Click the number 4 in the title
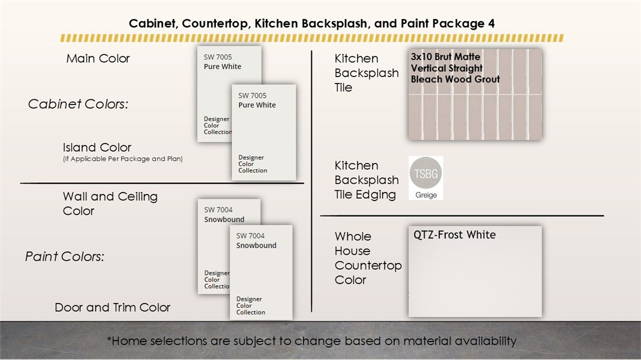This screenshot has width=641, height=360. (x=491, y=24)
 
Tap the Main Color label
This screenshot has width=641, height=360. (x=98, y=59)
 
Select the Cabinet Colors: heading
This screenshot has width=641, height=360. (x=78, y=104)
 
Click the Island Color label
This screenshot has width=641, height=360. (x=97, y=147)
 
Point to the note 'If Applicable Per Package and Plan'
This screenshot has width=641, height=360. (x=123, y=159)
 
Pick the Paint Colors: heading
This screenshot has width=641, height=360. (x=65, y=256)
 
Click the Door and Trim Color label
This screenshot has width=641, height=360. (x=112, y=307)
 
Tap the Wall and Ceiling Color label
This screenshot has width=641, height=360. (x=110, y=203)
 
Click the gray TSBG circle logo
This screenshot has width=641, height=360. (x=426, y=173)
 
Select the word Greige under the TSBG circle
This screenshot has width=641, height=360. (x=426, y=195)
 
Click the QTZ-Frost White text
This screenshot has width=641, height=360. (x=454, y=235)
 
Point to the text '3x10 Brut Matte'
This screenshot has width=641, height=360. (x=446, y=57)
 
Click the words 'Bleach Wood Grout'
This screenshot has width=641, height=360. (x=456, y=79)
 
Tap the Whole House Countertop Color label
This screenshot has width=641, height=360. (x=368, y=258)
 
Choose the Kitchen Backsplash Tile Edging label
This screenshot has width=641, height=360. (x=366, y=180)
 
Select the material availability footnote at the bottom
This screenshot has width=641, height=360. (x=311, y=341)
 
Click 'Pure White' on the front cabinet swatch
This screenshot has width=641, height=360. (x=257, y=105)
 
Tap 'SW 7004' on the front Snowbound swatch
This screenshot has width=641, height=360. (x=250, y=236)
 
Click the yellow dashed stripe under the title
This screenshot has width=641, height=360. (x=312, y=38)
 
